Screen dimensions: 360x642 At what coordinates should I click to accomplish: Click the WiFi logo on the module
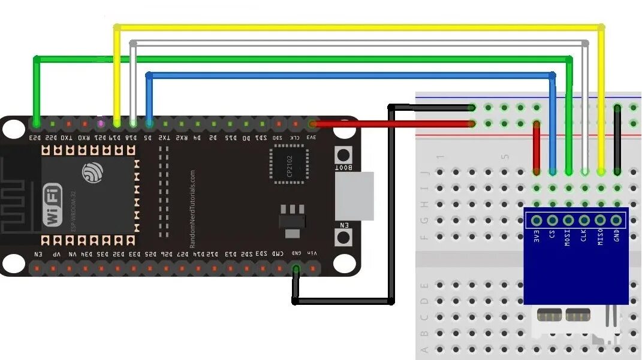(x=53, y=207)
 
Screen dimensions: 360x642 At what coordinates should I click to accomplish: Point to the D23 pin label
(x=37, y=138)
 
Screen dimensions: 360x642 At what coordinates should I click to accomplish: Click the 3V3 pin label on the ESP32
(x=312, y=138)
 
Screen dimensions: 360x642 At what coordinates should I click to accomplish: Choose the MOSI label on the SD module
(x=568, y=239)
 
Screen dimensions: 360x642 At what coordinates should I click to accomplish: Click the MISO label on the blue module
(x=599, y=239)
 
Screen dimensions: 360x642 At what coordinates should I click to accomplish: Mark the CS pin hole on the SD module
(x=552, y=220)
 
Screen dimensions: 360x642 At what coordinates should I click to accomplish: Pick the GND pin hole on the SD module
(x=616, y=220)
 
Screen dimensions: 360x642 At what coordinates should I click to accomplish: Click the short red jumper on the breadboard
(x=537, y=147)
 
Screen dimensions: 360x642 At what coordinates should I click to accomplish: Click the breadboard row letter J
(x=426, y=173)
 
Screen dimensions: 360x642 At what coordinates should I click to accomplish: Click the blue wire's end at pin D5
(x=149, y=123)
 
